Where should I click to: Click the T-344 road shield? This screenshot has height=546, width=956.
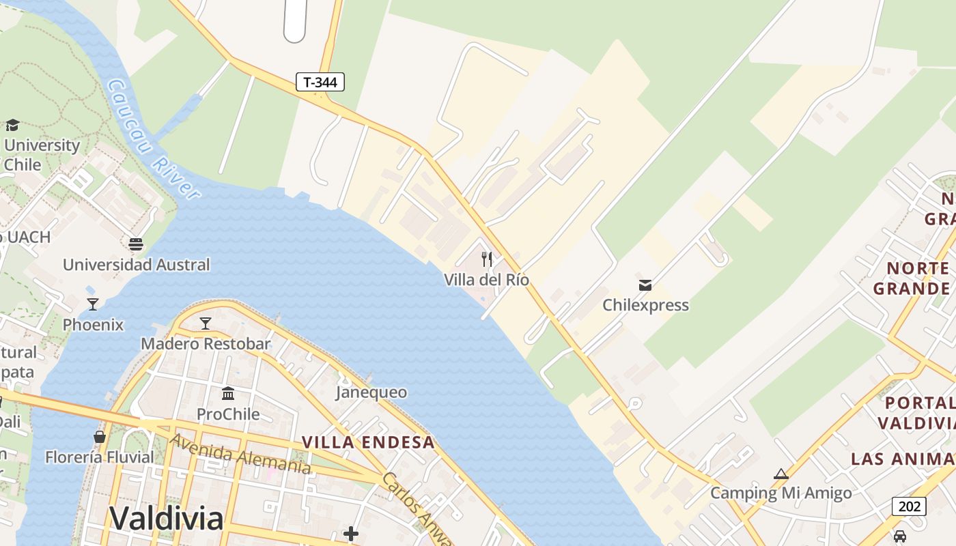[x=320, y=83]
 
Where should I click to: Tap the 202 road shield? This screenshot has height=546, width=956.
[x=909, y=506]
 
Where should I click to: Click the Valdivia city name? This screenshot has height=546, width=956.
[x=166, y=519]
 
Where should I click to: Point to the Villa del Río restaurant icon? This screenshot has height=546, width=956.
[x=487, y=259]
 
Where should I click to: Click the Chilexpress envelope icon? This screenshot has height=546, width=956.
[x=645, y=285]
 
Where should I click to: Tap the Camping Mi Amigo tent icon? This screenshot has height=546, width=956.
[x=781, y=474]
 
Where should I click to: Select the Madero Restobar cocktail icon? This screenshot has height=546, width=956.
[x=206, y=323]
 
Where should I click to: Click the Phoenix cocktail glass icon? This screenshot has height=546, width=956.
[x=93, y=304]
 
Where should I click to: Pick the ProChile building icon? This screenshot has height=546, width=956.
[x=228, y=394]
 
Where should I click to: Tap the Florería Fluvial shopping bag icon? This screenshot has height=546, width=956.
[x=100, y=437]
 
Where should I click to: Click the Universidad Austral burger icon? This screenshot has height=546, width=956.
[x=136, y=244]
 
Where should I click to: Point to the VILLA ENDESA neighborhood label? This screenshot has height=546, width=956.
[x=368, y=442]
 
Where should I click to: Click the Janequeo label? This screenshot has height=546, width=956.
[x=371, y=392]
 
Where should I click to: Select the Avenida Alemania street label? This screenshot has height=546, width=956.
[x=240, y=454]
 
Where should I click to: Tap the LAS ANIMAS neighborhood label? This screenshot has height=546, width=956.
[x=903, y=459]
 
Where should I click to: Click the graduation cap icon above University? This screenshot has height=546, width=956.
[x=12, y=125]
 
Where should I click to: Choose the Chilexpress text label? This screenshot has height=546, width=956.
[x=645, y=305]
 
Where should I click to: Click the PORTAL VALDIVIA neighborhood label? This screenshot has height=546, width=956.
[x=916, y=413]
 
